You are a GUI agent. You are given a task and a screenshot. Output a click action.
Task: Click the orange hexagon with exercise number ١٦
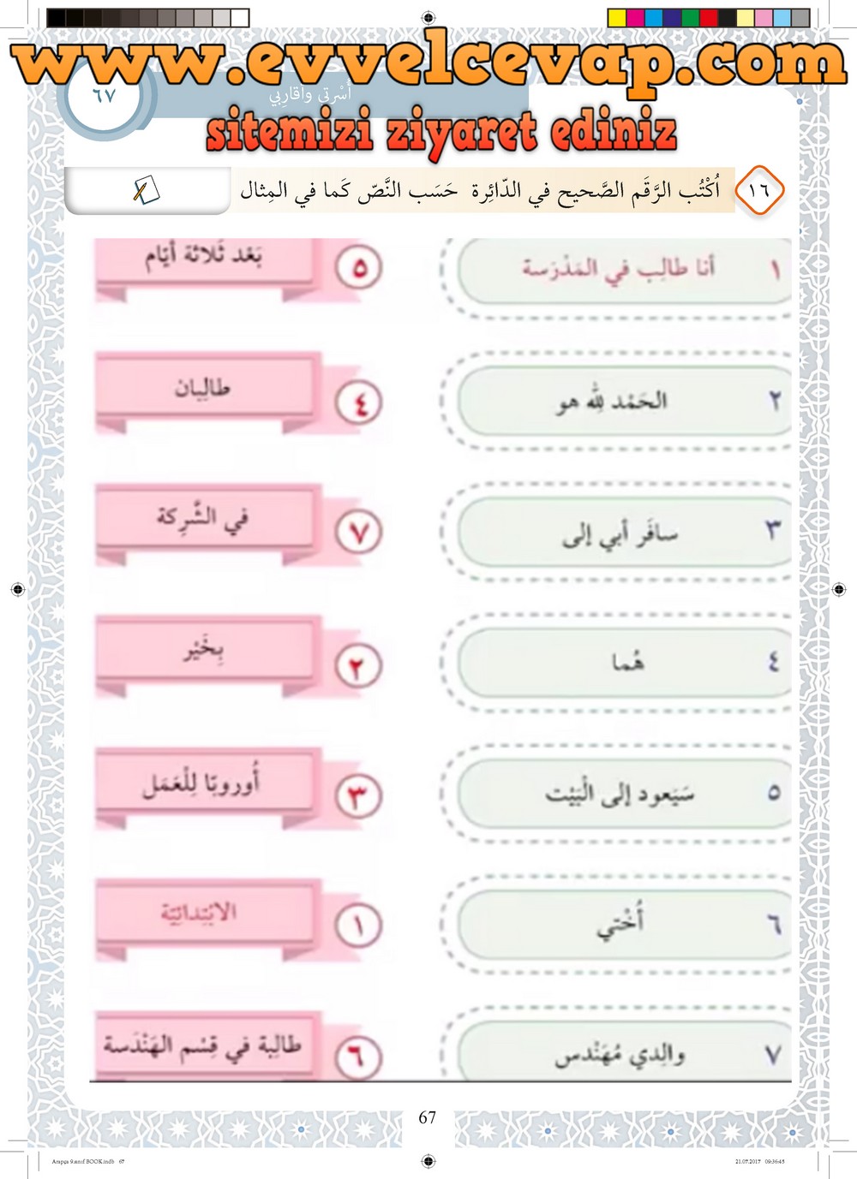coord(759,190)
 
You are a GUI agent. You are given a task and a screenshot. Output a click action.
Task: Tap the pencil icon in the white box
coord(145,190)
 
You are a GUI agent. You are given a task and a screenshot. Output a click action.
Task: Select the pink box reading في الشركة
coord(204,518)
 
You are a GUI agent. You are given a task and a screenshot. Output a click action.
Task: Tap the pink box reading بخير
coord(204,651)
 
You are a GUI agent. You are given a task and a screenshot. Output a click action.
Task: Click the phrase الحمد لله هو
coord(612,401)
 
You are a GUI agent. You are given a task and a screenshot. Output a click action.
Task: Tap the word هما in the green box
coord(627,662)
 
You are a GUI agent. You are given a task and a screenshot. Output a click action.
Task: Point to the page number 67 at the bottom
coord(428,1117)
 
